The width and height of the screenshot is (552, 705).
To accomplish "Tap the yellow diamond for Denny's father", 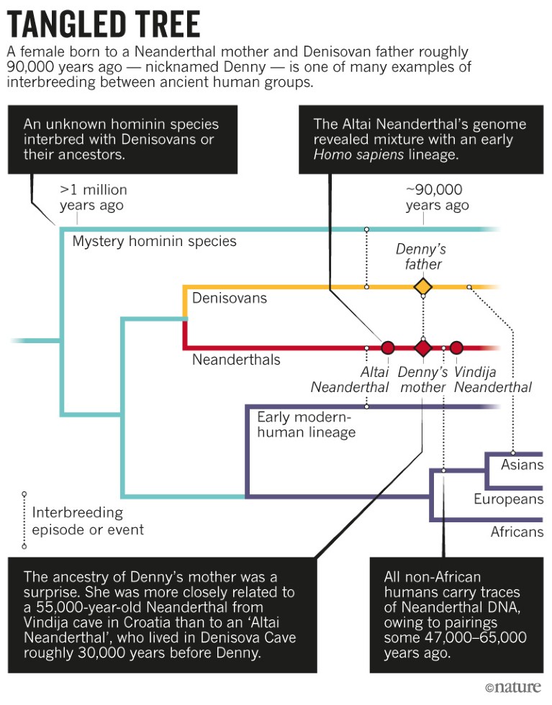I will coord(422,287).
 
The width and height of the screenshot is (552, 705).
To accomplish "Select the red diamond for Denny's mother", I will coord(422,348).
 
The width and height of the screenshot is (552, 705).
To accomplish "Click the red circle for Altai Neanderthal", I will coord(388,348).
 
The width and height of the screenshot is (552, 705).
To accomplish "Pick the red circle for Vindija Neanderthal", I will coord(456,348).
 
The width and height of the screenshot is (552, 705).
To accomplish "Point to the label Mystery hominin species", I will coord(154,241).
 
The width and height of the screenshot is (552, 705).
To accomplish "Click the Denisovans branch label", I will coord(229,297).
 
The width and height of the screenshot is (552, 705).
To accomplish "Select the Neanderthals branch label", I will coord(236,360).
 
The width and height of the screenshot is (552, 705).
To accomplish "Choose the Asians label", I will coord(522,464).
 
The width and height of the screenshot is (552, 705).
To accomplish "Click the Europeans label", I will coord(508,499).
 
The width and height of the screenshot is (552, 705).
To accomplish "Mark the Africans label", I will coord(517,532).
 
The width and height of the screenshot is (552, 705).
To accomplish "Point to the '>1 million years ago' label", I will coord(93,198).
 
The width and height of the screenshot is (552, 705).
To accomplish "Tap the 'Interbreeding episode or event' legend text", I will coord(88,522).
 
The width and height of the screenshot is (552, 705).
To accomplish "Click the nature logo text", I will coord(515,688).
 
